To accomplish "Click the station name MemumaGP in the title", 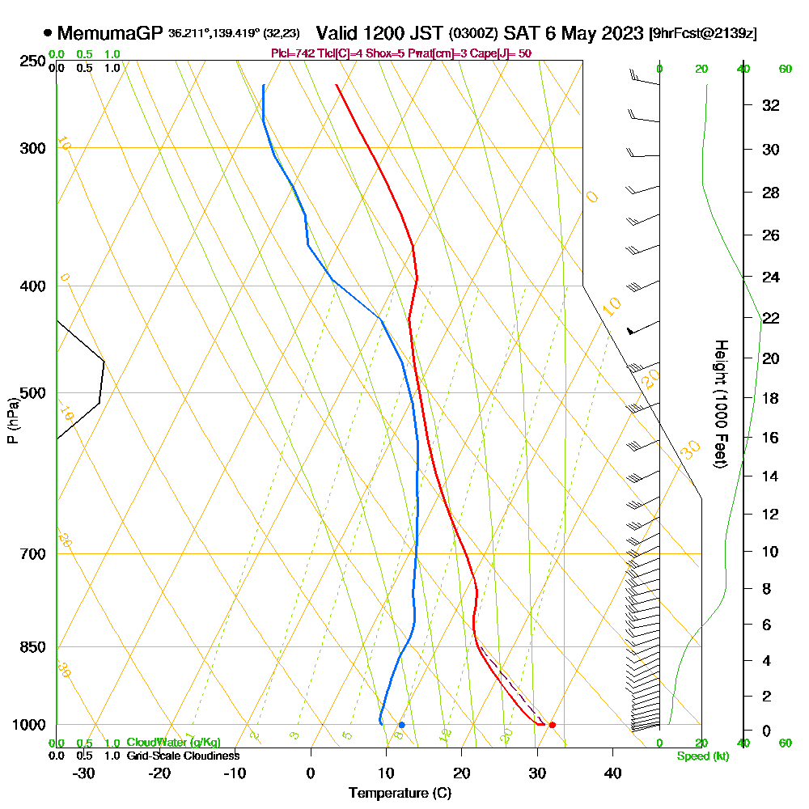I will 110,34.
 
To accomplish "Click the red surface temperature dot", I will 552,725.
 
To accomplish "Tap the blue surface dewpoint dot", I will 401,725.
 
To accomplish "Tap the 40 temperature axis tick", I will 612,773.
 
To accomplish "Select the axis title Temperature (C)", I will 400,794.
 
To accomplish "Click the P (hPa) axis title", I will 12,421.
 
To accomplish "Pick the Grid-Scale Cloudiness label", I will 183,756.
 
